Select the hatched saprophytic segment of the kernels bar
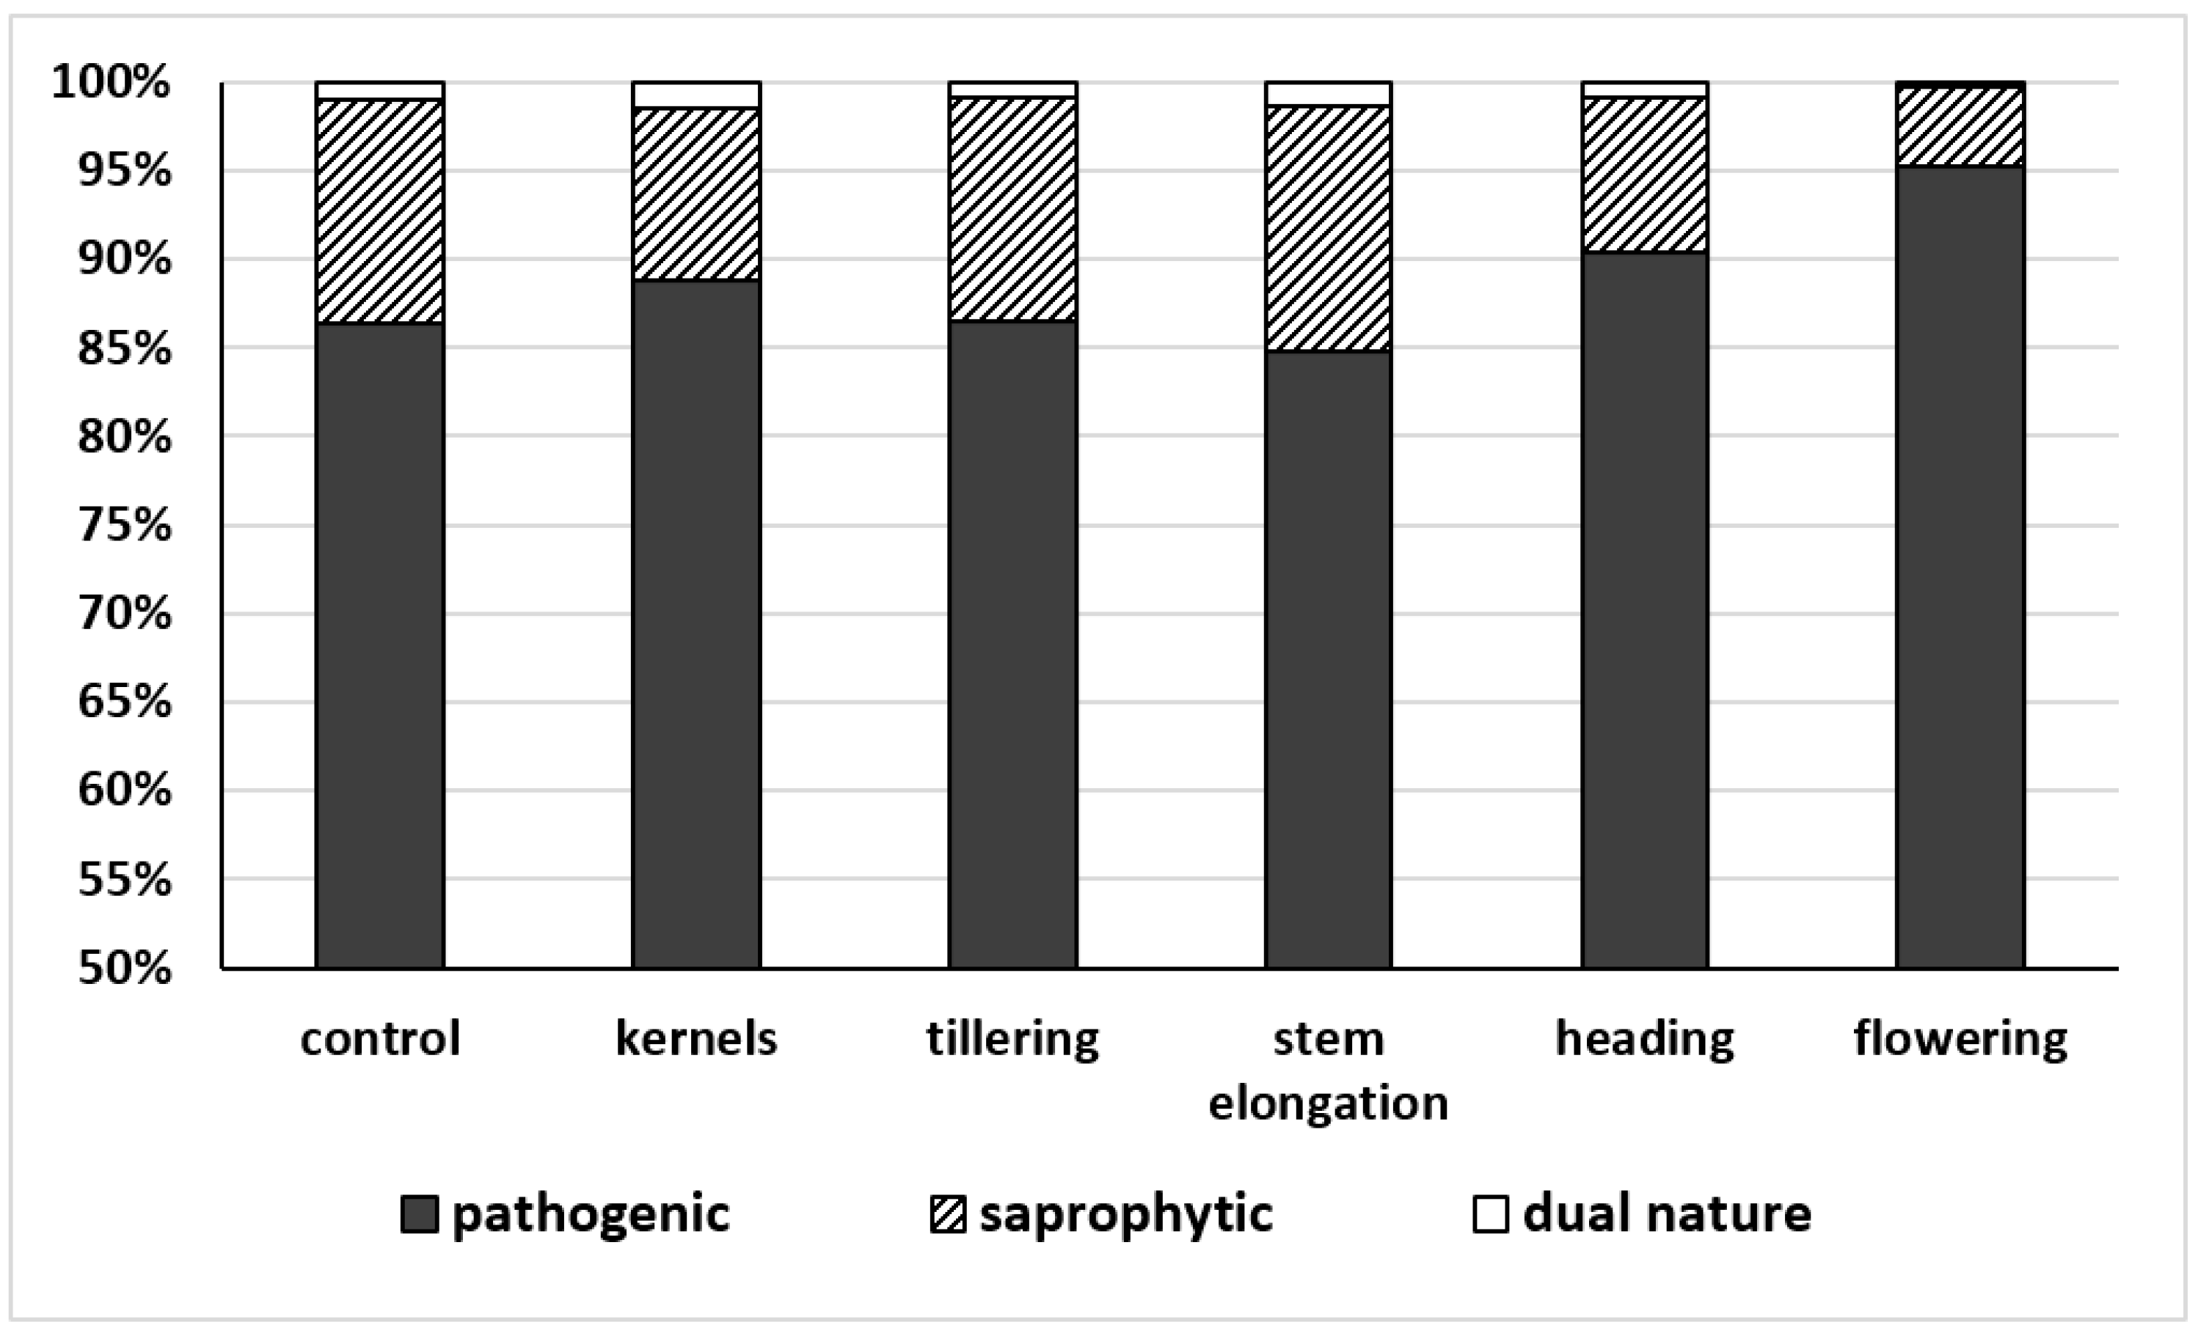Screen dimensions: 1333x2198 click(x=695, y=194)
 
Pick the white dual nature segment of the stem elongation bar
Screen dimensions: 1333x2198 click(x=1328, y=94)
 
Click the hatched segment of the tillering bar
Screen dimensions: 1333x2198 click(x=1012, y=209)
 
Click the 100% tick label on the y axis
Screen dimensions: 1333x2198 click(x=112, y=83)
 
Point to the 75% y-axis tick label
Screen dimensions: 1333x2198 click(x=124, y=525)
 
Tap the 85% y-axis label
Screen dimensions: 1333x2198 click(x=124, y=348)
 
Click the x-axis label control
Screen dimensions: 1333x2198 click(x=380, y=1038)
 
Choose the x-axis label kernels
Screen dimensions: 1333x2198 click(x=695, y=1038)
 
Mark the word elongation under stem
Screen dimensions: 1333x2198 click(x=1328, y=1104)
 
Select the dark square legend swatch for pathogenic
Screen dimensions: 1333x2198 click(x=419, y=1214)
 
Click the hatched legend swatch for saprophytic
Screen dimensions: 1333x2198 click(x=947, y=1214)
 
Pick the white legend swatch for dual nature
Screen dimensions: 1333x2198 click(x=1490, y=1214)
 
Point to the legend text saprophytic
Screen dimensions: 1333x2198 click(x=1125, y=1214)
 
